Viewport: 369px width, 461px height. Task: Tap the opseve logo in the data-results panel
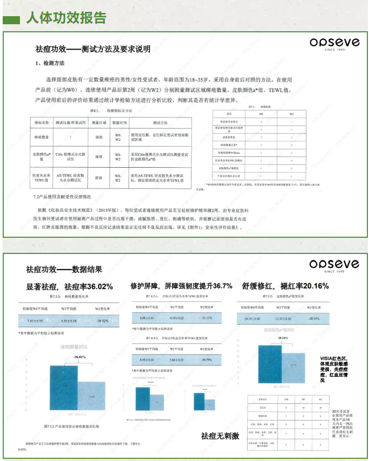(333, 264)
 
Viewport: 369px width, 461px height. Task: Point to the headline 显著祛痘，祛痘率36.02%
(69, 287)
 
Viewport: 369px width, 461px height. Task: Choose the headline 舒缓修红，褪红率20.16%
(285, 286)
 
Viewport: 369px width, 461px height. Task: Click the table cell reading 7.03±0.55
(35, 321)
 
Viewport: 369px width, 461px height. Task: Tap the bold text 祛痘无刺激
(220, 436)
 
